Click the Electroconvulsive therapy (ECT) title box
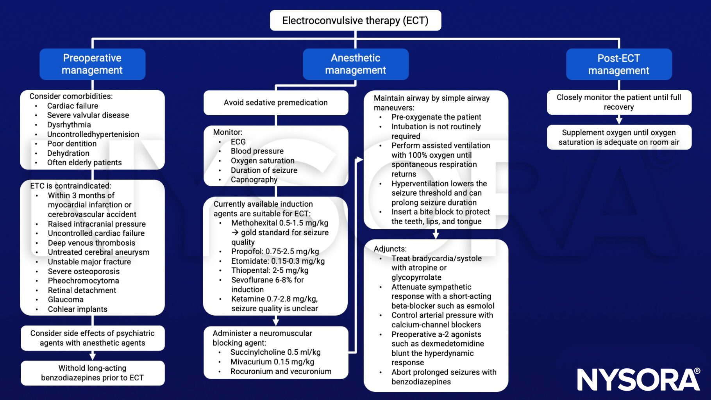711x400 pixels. click(x=355, y=20)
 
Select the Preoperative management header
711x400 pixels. click(x=92, y=64)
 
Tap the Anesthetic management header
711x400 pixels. click(x=355, y=64)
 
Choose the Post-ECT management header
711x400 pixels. click(x=619, y=64)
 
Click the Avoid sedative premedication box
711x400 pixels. click(x=276, y=103)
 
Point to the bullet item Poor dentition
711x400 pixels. click(x=72, y=144)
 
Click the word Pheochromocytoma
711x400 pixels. click(x=83, y=281)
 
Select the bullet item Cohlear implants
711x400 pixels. click(x=77, y=309)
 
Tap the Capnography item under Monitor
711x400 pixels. click(x=254, y=180)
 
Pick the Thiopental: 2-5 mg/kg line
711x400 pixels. click(x=270, y=270)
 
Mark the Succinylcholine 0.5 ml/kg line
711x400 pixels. click(x=275, y=352)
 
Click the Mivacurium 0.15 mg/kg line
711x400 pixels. click(x=272, y=362)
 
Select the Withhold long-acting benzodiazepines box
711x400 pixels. click(x=93, y=373)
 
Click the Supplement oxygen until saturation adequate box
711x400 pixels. click(x=619, y=137)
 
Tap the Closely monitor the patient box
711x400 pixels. click(x=619, y=102)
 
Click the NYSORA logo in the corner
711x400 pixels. click(x=638, y=379)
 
